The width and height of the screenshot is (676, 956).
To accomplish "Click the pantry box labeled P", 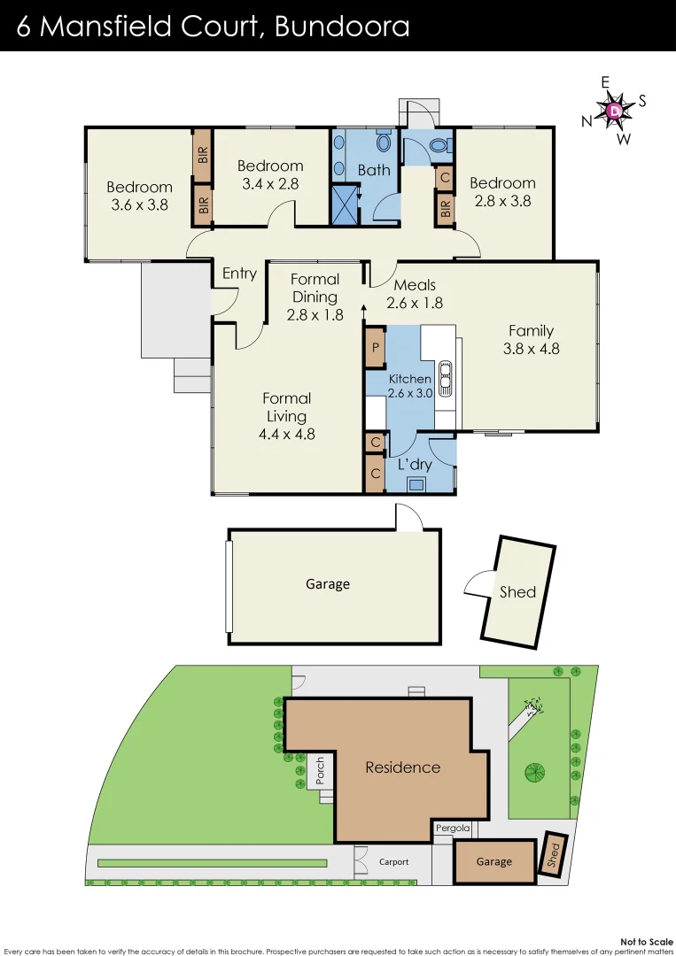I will (375, 348).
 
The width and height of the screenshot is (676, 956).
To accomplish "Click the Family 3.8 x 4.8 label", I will (531, 339).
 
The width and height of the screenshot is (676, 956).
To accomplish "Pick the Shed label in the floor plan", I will (517, 591).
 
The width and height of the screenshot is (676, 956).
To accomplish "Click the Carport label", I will (394, 861).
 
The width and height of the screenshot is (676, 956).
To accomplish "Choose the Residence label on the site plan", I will (402, 767).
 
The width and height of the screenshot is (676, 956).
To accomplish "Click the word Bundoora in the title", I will (342, 27).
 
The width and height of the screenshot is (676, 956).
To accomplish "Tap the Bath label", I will (373, 170).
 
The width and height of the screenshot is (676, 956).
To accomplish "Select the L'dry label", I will (414, 464).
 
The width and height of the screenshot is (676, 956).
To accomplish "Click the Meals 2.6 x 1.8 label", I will (415, 293).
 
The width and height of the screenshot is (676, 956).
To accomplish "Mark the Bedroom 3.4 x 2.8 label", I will (270, 174).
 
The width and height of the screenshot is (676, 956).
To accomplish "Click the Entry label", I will (239, 274).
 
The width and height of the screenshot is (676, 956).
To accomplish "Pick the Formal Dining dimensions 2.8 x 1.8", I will (315, 313).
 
